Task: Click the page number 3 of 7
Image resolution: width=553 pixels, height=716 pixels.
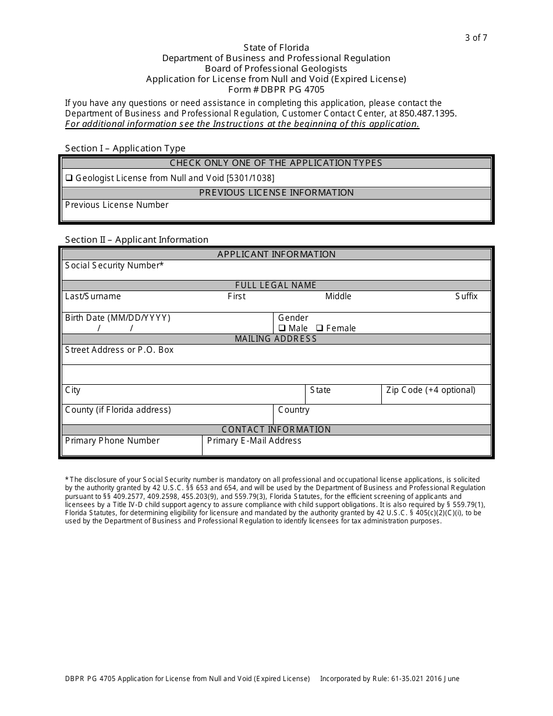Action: pyautogui.click(x=476, y=38)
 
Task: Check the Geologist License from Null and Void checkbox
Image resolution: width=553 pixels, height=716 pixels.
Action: pyautogui.click(x=69, y=178)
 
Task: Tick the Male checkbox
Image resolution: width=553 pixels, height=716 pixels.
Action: pyautogui.click(x=282, y=328)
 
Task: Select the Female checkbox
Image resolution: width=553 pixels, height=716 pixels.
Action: pyautogui.click(x=320, y=328)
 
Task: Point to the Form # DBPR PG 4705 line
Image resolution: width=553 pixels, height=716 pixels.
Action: pyautogui.click(x=276, y=90)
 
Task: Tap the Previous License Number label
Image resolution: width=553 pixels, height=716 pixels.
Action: pyautogui.click(x=116, y=205)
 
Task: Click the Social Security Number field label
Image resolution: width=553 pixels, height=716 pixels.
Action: pyautogui.click(x=114, y=265)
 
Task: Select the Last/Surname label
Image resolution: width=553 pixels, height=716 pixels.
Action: pyautogui.click(x=93, y=296)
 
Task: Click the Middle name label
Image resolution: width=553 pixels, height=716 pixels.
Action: pyautogui.click(x=338, y=296)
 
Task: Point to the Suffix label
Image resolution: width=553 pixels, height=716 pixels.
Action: pyautogui.click(x=466, y=296)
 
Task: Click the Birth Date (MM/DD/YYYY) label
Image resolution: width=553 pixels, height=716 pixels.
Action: pyautogui.click(x=118, y=318)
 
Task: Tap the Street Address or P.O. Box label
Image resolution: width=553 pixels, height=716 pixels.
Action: pyautogui.click(x=119, y=350)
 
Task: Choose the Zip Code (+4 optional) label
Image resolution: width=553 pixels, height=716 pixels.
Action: pyautogui.click(x=431, y=390)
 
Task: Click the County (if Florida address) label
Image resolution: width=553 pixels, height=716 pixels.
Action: pyautogui.click(x=118, y=410)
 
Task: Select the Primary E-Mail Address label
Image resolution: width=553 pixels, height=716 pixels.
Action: pyautogui.click(x=254, y=441)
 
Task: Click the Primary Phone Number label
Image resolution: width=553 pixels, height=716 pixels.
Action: pyautogui.click(x=112, y=441)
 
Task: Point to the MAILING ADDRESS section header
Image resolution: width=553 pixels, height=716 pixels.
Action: pyautogui.click(x=276, y=339)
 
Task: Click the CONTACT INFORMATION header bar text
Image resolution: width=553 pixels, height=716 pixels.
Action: pyautogui.click(x=276, y=430)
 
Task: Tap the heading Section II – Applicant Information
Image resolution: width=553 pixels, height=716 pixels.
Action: pyautogui.click(x=137, y=240)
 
